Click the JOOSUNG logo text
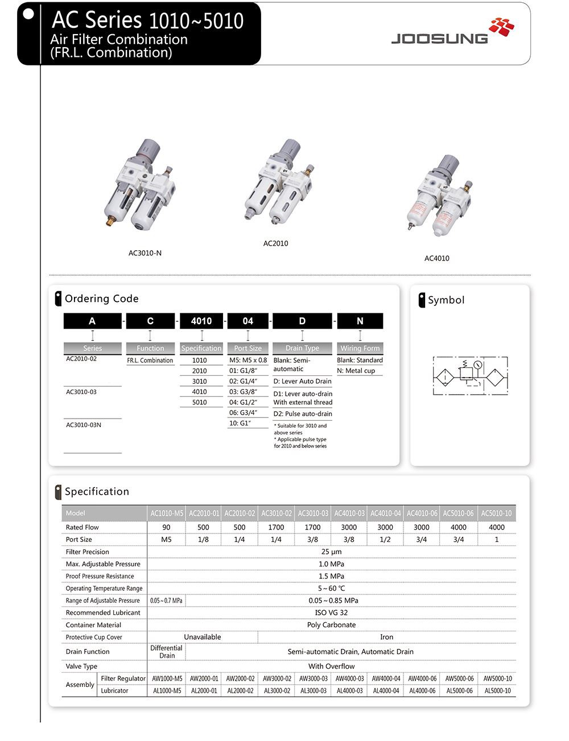439,39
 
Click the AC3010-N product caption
145,253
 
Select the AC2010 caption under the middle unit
275,243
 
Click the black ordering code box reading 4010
201,321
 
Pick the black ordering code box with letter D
302,321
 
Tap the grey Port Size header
248,348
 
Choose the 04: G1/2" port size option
243,402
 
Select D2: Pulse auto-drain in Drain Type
302,414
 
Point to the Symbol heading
446,300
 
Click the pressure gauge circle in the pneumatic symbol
478,365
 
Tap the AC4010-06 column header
422,514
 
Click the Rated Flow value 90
166,527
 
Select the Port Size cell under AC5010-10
496,540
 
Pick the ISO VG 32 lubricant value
331,612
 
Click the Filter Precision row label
87,552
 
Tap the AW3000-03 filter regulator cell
313,678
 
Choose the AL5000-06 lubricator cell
459,691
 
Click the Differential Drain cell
166,652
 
